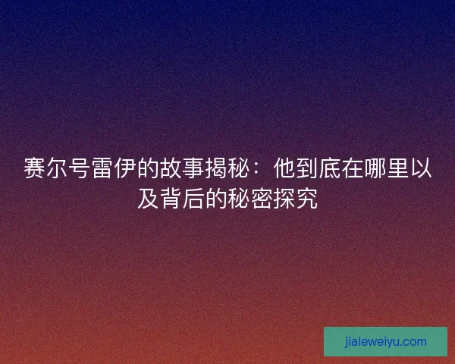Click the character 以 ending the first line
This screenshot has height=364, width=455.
(422, 169)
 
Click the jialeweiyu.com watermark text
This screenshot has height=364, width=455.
(385, 341)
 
